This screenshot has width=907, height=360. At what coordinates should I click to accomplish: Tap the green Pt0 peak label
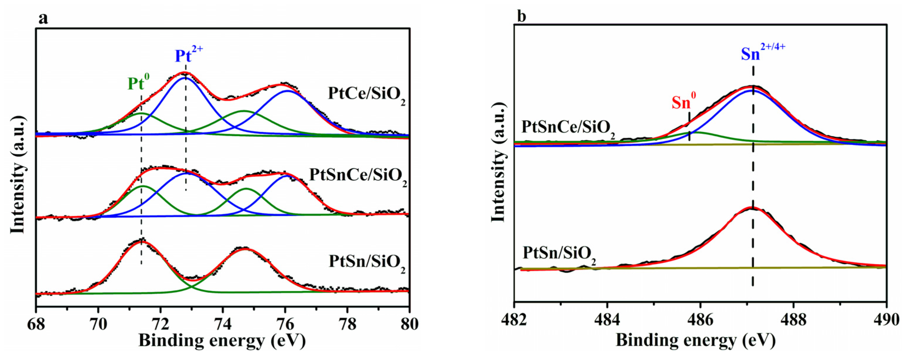pos(138,84)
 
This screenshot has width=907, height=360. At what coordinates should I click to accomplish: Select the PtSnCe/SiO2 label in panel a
pos(358,176)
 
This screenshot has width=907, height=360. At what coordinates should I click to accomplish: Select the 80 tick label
pos(409,324)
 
